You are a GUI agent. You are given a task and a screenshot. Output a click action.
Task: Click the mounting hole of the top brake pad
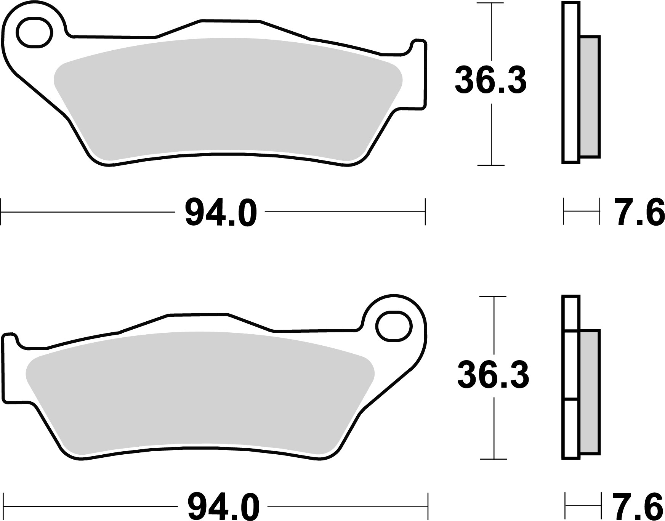click(x=34, y=32)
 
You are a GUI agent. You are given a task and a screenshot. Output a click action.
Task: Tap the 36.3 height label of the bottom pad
click(x=493, y=375)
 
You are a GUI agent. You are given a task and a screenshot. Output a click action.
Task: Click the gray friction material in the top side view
click(x=590, y=97)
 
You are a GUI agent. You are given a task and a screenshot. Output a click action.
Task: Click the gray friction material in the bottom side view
click(x=590, y=392)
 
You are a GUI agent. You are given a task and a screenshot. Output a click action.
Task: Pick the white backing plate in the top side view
click(x=570, y=82)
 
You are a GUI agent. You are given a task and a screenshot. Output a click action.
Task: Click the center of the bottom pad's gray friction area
click(x=200, y=393)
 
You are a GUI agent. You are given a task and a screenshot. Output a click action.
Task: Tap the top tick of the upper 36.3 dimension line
click(x=491, y=3)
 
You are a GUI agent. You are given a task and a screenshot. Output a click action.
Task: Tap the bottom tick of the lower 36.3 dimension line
click(x=494, y=459)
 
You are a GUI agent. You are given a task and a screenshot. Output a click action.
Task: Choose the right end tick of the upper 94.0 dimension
click(x=425, y=212)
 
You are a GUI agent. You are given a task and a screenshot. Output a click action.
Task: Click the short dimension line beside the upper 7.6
click(x=581, y=211)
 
